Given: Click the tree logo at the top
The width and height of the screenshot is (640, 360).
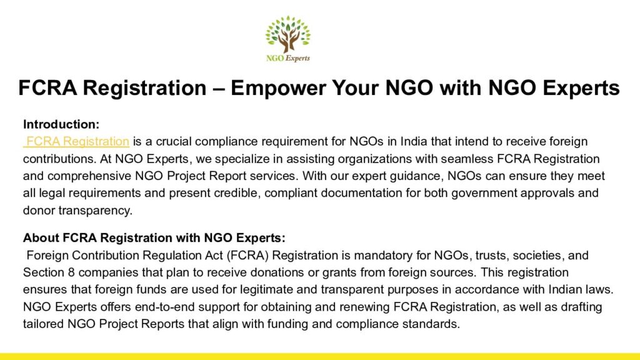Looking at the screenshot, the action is click(x=287, y=39).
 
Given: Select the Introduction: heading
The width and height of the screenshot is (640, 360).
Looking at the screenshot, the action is click(x=61, y=124).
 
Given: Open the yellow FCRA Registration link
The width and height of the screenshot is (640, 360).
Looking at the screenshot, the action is click(x=76, y=141).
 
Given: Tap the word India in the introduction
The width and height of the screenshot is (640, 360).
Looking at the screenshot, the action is click(x=414, y=141).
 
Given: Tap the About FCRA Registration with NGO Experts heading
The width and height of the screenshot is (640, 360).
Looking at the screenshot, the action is click(x=154, y=237).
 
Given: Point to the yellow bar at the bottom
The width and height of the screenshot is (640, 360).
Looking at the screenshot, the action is click(x=320, y=356).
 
